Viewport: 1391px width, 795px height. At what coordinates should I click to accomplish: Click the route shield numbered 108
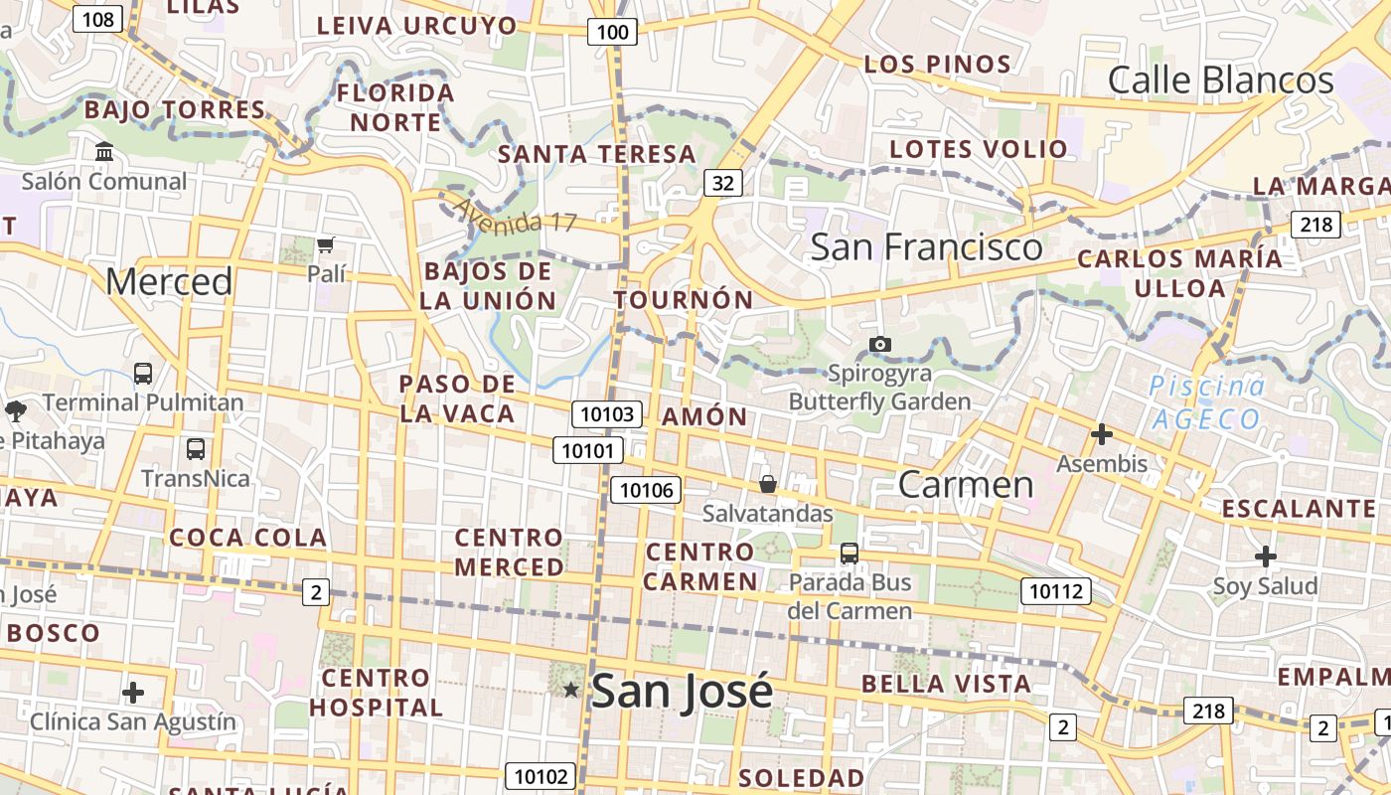pyautogui.click(x=97, y=18)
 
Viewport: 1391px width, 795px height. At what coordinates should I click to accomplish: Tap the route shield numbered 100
pyautogui.click(x=612, y=32)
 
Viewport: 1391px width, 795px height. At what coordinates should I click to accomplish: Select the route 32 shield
pyautogui.click(x=723, y=182)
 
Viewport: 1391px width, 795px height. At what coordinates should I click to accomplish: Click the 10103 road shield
pyautogui.click(x=607, y=413)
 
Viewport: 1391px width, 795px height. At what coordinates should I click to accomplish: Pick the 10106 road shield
pyautogui.click(x=647, y=489)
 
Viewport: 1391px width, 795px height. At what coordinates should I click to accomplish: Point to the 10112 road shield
pyautogui.click(x=1055, y=591)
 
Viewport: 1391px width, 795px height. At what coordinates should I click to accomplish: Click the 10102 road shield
pyautogui.click(x=541, y=776)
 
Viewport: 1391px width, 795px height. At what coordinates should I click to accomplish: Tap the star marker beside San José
pyautogui.click(x=570, y=689)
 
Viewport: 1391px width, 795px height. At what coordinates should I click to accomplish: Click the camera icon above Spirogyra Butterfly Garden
pyautogui.click(x=879, y=344)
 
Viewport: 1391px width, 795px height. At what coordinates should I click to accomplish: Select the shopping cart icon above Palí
pyautogui.click(x=325, y=244)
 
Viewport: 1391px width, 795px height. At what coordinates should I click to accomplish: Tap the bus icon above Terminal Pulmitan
pyautogui.click(x=143, y=374)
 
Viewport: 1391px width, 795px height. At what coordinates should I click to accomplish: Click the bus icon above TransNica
pyautogui.click(x=195, y=448)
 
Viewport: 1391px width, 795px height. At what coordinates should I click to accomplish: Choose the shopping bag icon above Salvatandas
pyautogui.click(x=767, y=484)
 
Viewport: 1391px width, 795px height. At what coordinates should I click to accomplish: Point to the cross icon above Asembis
pyautogui.click(x=1101, y=434)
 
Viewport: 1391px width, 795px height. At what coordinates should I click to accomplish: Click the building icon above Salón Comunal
pyautogui.click(x=104, y=152)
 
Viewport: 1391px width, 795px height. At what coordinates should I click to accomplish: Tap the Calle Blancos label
pyautogui.click(x=1220, y=79)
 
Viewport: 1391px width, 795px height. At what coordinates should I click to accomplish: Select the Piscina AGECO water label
pyautogui.click(x=1207, y=402)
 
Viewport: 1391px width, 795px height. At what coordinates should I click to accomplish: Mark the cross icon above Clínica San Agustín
pyautogui.click(x=133, y=692)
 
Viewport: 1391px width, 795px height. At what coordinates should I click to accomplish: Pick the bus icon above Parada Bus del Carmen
pyautogui.click(x=849, y=553)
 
